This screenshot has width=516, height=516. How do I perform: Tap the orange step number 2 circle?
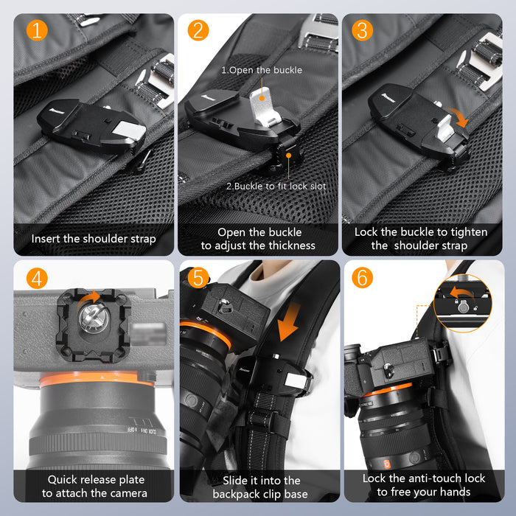pyautogui.click(x=198, y=31)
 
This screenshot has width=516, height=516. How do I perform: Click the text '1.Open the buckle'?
pyautogui.click(x=262, y=70)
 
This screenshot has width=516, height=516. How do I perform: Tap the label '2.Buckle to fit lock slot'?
pyautogui.click(x=276, y=186)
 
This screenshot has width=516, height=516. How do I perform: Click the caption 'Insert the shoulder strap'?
pyautogui.click(x=94, y=239)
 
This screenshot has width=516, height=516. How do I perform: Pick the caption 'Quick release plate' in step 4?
pyautogui.click(x=94, y=478)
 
